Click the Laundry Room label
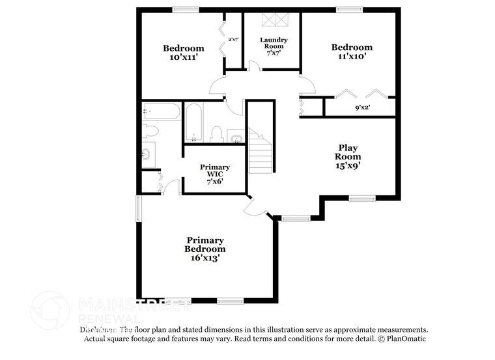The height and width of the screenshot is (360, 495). [x=274, y=43]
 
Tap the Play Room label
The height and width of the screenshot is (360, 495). [x=348, y=152]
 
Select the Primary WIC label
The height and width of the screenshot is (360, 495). [x=214, y=171]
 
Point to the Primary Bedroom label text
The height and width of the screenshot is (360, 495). [x=205, y=244]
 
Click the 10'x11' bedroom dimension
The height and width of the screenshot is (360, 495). [x=183, y=57]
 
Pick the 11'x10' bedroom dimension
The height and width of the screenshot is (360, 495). [x=352, y=56]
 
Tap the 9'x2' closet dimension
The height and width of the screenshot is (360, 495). [x=362, y=107]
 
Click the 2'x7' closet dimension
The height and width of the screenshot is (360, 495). [x=233, y=40]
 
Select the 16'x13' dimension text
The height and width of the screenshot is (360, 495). [x=205, y=258]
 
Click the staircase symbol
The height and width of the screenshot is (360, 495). [x=261, y=154]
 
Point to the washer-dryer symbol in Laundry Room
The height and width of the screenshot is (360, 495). [x=274, y=20]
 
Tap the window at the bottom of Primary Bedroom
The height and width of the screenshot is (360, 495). [x=229, y=300]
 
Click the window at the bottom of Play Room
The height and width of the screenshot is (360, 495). [x=361, y=198]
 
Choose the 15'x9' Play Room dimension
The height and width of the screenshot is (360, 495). [x=348, y=165]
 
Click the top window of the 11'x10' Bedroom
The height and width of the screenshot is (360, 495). [x=349, y=9]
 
